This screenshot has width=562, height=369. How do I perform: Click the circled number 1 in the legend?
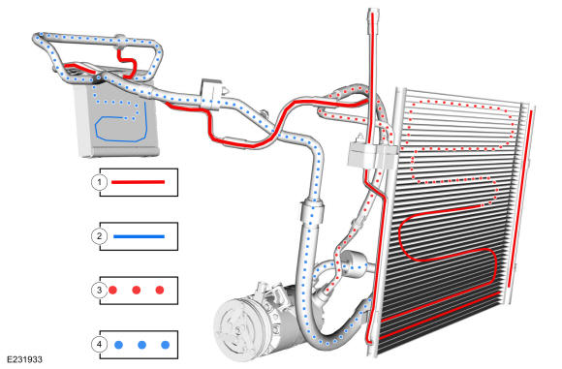[99, 182]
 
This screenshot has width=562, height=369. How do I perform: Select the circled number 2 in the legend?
[99, 236]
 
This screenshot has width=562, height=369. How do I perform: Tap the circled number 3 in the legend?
[99, 291]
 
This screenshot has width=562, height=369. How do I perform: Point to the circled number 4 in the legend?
[99, 345]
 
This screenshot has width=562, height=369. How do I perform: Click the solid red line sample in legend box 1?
[138, 182]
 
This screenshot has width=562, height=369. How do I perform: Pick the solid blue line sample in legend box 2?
[139, 236]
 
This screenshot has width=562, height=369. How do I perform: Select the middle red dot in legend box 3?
[137, 291]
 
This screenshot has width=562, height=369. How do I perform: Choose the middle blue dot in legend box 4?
[141, 345]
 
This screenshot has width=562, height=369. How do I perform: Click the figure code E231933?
[24, 359]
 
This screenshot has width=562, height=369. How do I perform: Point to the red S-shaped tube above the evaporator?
[127, 64]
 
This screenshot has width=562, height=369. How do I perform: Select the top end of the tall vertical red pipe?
[373, 14]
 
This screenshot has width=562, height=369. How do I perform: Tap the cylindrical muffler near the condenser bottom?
[354, 264]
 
